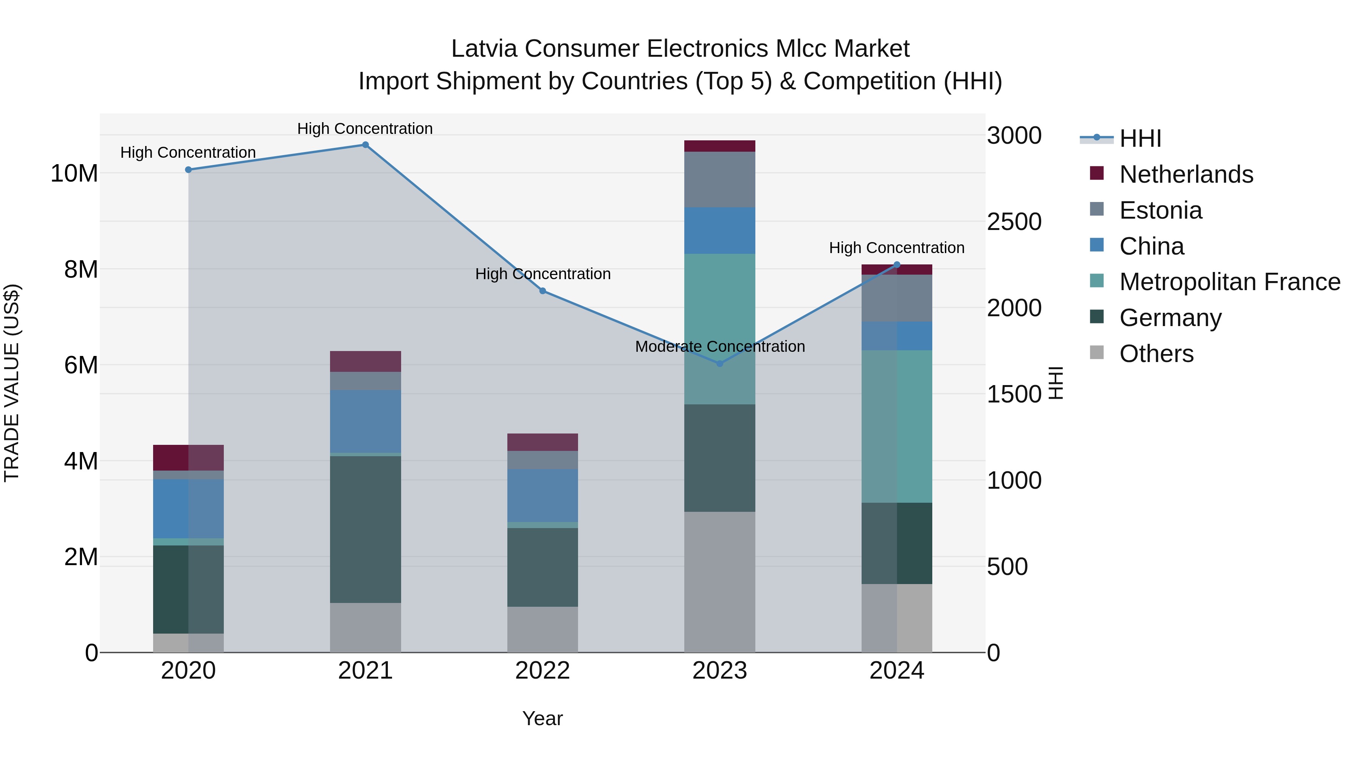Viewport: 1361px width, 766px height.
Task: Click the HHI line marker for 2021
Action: (x=365, y=145)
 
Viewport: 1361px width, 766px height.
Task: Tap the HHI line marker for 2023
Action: (x=719, y=364)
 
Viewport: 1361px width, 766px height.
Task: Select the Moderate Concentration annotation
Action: (x=719, y=347)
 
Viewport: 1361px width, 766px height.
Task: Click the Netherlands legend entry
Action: (x=1186, y=174)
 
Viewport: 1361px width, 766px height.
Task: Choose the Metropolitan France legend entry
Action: (x=1229, y=282)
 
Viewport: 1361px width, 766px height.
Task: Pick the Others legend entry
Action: (x=1156, y=354)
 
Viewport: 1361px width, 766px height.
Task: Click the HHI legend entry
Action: (x=1139, y=138)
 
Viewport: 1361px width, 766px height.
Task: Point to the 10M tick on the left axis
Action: (x=74, y=173)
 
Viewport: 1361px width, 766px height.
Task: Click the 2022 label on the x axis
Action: (x=542, y=671)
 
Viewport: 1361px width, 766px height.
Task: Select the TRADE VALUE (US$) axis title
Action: (x=12, y=383)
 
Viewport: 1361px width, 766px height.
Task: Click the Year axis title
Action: (x=542, y=718)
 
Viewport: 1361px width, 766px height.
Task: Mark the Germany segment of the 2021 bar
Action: (x=365, y=529)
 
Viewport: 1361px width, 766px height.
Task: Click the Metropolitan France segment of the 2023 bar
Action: (x=719, y=329)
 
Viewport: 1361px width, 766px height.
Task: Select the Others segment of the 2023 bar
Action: (x=719, y=581)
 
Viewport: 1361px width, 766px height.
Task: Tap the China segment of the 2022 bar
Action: (x=542, y=495)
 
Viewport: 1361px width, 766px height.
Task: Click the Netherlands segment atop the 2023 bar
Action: (x=719, y=146)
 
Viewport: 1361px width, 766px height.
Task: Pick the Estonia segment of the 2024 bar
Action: (x=897, y=298)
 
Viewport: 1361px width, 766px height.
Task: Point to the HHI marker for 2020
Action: (x=189, y=170)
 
